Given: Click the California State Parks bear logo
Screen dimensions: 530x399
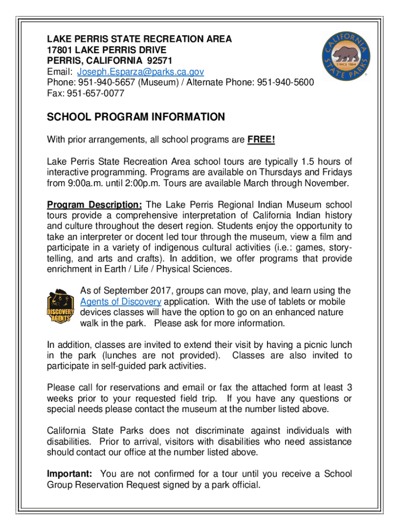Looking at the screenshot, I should [x=346, y=55].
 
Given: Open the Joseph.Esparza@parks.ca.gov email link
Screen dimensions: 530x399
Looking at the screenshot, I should [x=140, y=71].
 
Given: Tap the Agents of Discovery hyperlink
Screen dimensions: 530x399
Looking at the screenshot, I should [x=121, y=302].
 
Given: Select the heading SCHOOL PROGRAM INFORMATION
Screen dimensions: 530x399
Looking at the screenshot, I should [x=136, y=117].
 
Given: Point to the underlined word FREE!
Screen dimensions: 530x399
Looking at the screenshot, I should [x=261, y=140].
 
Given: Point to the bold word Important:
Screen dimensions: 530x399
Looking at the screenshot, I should [x=70, y=474].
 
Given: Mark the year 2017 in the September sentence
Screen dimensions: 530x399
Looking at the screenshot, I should [x=149, y=290].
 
